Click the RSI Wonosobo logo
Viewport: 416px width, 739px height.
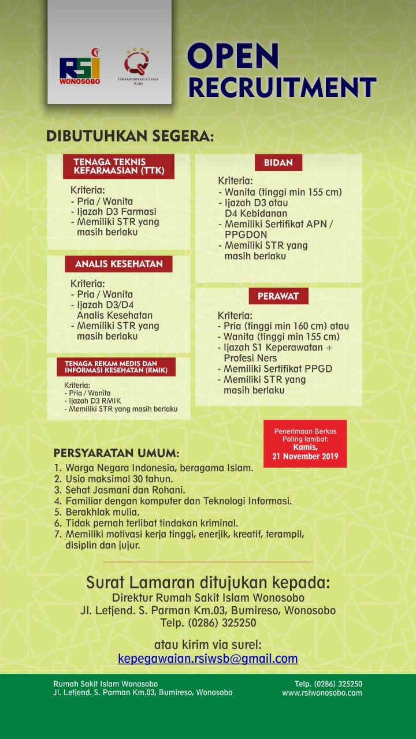click(x=80, y=69)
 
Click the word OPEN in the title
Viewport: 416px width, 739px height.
click(x=233, y=57)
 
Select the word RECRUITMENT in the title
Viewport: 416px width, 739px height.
click(x=282, y=87)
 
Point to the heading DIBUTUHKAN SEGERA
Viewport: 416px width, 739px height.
click(x=130, y=137)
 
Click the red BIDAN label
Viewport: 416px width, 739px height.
click(x=278, y=163)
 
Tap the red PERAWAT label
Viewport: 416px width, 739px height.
click(x=278, y=296)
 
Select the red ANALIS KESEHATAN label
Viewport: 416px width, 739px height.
click(x=118, y=264)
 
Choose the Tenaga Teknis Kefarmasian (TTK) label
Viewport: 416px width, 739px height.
click(x=118, y=166)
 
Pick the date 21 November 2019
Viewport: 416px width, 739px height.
click(x=305, y=456)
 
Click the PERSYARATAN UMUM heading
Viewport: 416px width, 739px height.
click(x=116, y=453)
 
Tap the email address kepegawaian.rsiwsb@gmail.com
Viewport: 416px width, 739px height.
click(x=208, y=658)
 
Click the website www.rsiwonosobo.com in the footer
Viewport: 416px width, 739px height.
click(x=322, y=693)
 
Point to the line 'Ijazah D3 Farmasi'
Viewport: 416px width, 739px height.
click(x=113, y=211)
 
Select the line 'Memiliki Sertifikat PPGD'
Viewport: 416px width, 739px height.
click(x=274, y=369)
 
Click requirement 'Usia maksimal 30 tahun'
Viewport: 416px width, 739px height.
click(x=113, y=479)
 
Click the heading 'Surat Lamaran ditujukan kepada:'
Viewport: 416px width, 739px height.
click(x=208, y=582)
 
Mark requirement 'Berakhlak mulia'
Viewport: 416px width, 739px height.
click(x=103, y=512)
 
